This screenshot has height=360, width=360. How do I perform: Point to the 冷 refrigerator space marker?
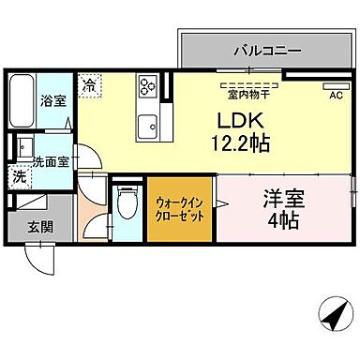pos(89,84)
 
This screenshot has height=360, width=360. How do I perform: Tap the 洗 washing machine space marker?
pos(19,174)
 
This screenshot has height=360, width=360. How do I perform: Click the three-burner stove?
pos(148,88)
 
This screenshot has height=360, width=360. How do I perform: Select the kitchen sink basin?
pos(147,125)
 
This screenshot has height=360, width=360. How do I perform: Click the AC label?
pos(335,94)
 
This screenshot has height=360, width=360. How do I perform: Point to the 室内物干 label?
pos(243,91)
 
